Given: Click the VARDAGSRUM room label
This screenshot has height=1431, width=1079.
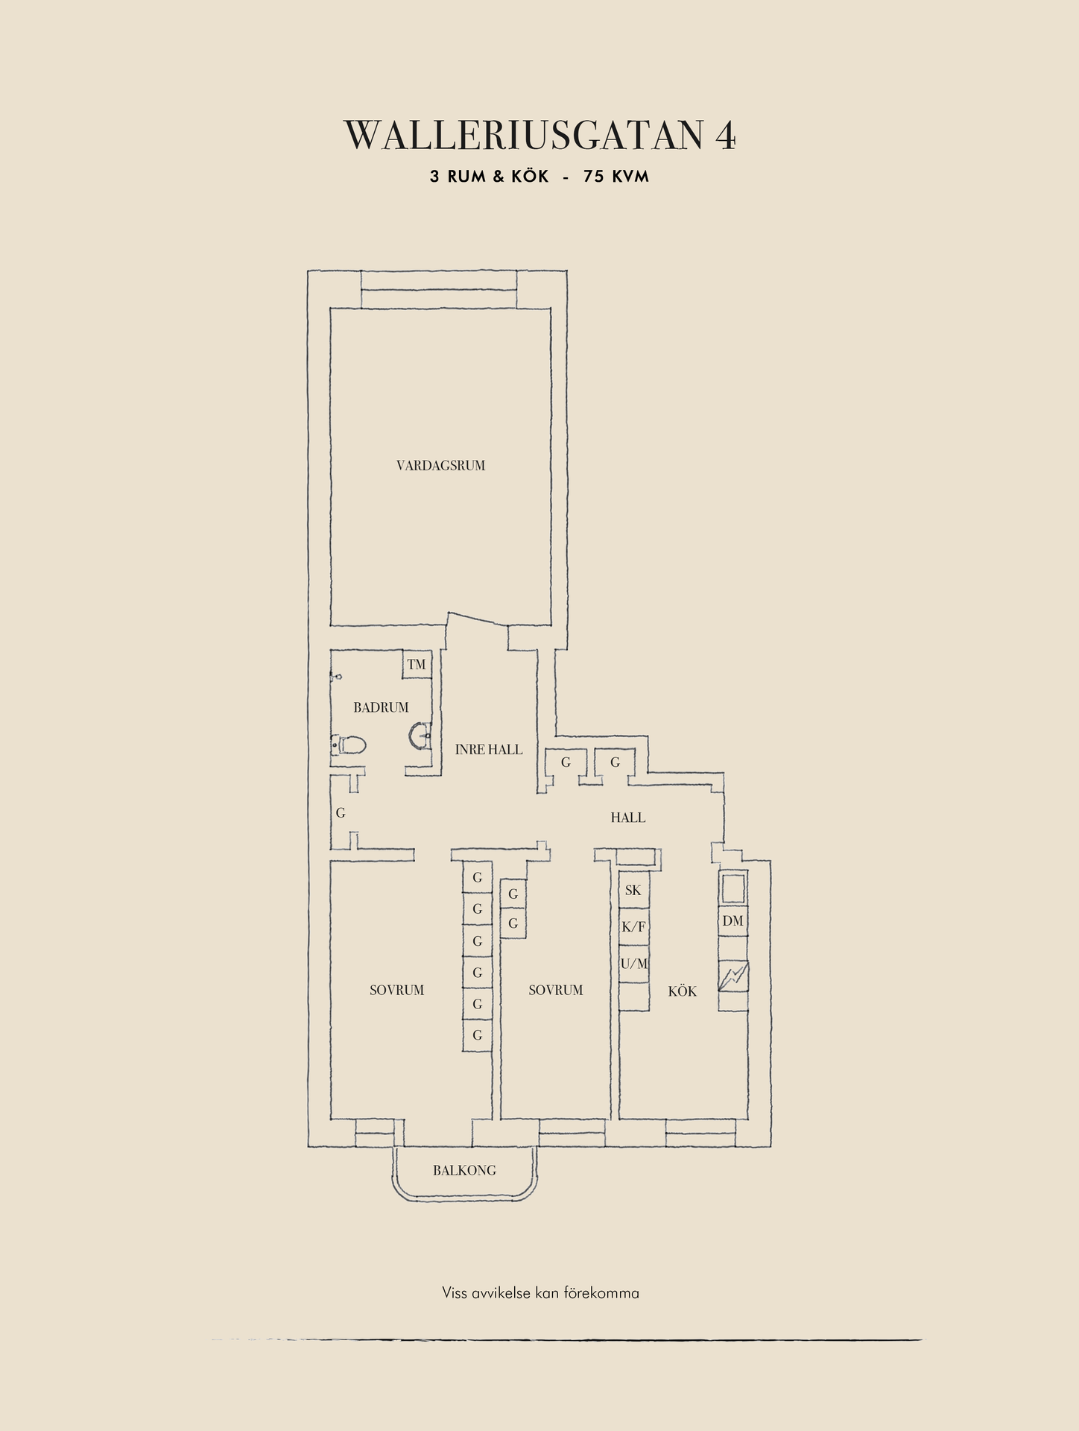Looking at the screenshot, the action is point(440,466).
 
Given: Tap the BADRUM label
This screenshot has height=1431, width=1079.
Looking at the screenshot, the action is point(381,707).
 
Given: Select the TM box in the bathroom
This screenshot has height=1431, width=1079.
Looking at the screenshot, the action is point(417,664).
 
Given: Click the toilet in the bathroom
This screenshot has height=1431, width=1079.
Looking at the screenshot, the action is point(348,745).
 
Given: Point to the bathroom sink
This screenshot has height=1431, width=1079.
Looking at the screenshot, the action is point(420,736).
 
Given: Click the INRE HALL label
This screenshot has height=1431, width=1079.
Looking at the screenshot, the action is point(489,750).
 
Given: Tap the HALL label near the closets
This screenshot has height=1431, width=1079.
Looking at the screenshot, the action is point(628,818).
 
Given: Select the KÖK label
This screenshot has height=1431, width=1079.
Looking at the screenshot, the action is point(683,991).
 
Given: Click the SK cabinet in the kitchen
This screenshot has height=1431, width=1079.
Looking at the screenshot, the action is point(633,890).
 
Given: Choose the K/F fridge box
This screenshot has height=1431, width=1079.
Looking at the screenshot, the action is point(633,927).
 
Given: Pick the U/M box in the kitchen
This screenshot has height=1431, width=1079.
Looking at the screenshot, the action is point(633,964).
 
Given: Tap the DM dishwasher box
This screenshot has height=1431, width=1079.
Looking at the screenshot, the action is point(733,921).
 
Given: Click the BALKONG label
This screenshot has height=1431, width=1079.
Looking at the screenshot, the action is point(464,1170).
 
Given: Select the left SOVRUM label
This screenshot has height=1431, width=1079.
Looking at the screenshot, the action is point(396,991).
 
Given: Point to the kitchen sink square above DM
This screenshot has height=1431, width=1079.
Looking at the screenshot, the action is point(733,888).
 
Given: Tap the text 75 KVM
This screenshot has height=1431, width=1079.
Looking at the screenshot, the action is point(616,177).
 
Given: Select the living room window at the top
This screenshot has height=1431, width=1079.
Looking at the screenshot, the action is point(439,289).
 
